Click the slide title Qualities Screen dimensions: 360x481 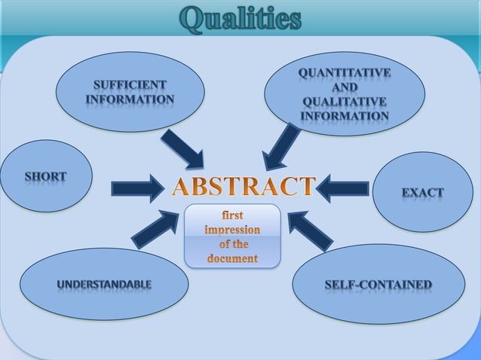[x=240, y=20]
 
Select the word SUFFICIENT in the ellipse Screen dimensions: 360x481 [x=130, y=84]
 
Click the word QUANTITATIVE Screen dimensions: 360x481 [x=345, y=72]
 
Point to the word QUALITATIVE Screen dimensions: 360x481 [x=345, y=102]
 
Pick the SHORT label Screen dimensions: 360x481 [x=45, y=177]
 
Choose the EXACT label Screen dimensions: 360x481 [x=422, y=192]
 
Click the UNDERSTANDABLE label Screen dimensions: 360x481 [x=104, y=284]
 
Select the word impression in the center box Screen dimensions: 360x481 [x=232, y=230]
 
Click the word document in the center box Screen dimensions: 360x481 [x=232, y=259]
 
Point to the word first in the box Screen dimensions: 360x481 [x=232, y=215]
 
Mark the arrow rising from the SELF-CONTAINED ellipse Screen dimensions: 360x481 [x=311, y=230]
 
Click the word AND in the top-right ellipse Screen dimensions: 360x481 [x=345, y=87]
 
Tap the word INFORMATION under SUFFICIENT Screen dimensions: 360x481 [x=130, y=99]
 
